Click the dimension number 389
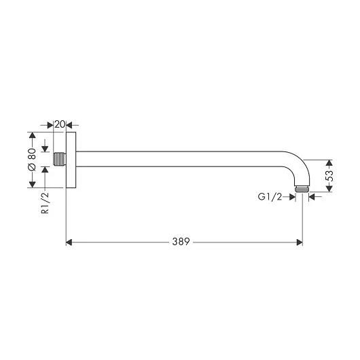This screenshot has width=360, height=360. [181, 241]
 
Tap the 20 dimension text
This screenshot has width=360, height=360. [60, 124]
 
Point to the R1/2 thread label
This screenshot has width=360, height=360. [46, 203]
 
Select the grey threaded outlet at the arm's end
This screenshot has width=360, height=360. [303, 188]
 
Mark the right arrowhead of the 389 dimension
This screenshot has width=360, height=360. [300, 241]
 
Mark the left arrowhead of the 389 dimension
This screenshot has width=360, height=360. [69, 241]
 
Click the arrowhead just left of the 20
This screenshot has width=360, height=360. [50, 124]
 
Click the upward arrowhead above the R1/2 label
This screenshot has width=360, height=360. [46, 170]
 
